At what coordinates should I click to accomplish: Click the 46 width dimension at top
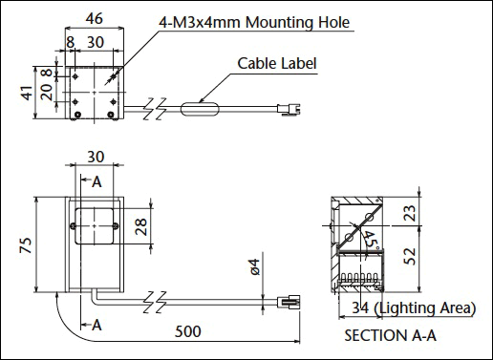95,19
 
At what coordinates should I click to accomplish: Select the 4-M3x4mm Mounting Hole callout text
254,22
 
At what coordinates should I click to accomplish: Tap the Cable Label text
277,63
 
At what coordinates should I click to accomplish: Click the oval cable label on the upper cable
200,109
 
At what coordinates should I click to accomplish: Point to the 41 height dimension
28,93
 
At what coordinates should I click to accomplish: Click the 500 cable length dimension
188,331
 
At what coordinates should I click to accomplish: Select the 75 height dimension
26,245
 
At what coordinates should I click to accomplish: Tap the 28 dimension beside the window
141,226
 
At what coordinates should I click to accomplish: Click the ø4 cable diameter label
255,266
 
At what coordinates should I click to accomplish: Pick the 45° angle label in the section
371,241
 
